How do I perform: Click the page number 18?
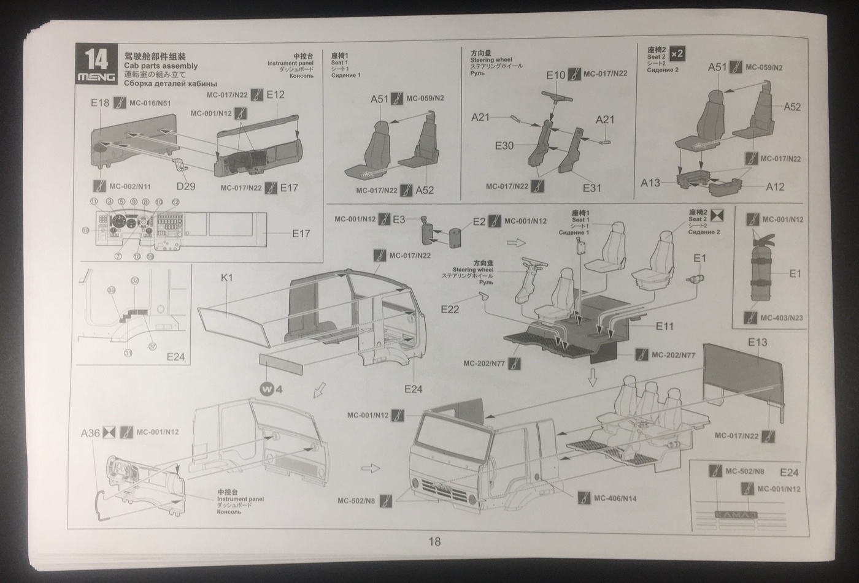click(434, 541)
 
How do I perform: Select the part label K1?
click(227, 278)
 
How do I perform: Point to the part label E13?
click(757, 342)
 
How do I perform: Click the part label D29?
click(185, 185)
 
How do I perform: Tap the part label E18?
click(100, 103)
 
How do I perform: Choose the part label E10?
click(556, 75)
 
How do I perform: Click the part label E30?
click(504, 146)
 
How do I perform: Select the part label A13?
click(650, 182)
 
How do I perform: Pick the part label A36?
click(90, 433)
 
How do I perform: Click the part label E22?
click(450, 310)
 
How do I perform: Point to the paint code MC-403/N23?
click(781, 318)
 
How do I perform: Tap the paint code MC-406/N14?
click(615, 498)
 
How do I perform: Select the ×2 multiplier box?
click(677, 53)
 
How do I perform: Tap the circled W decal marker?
click(266, 389)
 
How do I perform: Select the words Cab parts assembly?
click(161, 66)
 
